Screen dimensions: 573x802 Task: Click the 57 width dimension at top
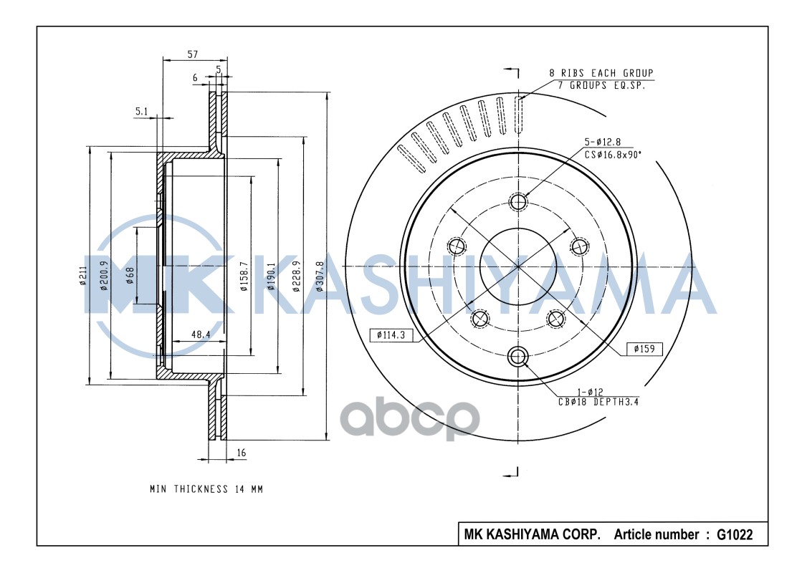coord(192,54)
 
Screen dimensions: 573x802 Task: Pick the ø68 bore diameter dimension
coord(130,274)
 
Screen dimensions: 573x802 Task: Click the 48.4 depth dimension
coord(200,334)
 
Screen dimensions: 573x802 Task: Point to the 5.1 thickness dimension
coord(141,111)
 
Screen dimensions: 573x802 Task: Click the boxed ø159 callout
coord(644,349)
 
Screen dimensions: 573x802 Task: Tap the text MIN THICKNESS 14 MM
coord(206,490)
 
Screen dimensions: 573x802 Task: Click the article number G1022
coord(735,534)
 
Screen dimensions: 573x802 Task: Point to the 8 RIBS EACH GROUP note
coord(601,73)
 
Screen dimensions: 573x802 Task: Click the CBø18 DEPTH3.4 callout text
coord(598,402)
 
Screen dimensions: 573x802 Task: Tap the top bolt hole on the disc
coord(518,201)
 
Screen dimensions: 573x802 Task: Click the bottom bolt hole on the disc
coord(518,356)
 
